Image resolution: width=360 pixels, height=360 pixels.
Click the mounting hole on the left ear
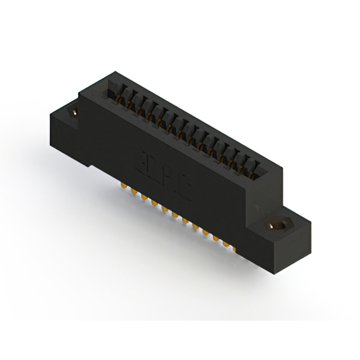[x=73, y=112]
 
